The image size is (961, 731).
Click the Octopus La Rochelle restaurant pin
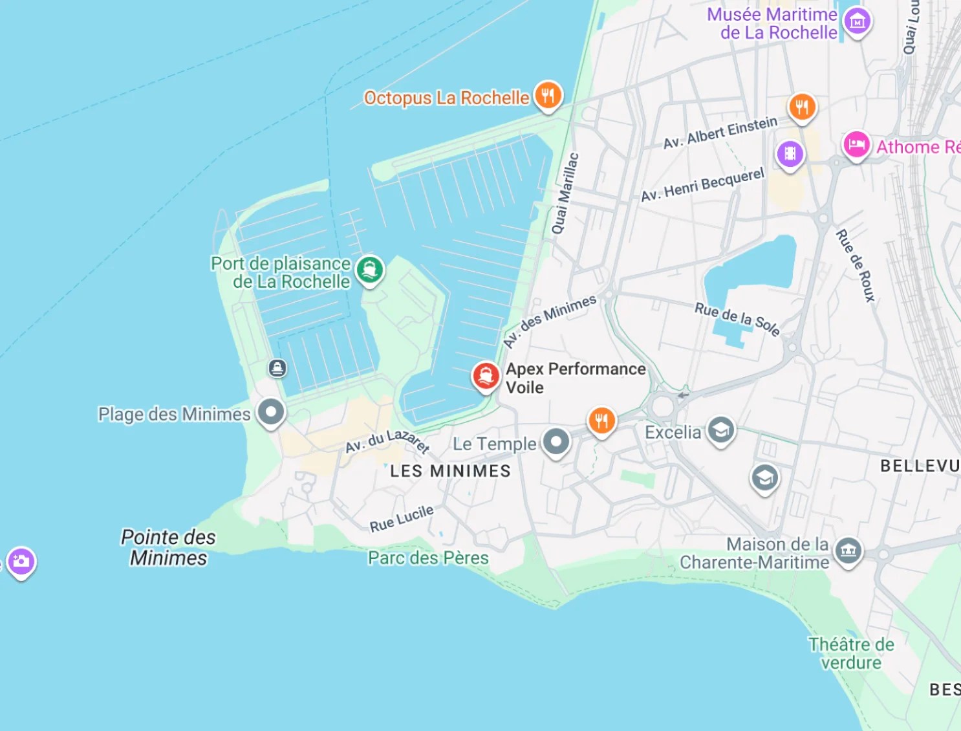click(x=548, y=96)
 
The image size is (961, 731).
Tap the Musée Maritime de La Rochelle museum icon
click(x=857, y=21)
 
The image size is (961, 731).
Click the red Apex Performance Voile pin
click(x=486, y=375)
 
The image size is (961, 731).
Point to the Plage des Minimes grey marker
click(x=271, y=411)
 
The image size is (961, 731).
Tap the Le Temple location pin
click(x=556, y=442)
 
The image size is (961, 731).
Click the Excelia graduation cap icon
click(x=720, y=430)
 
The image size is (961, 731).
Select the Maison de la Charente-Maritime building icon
click(x=848, y=551)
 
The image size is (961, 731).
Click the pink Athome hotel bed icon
click(x=856, y=144)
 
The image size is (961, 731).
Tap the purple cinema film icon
click(x=790, y=154)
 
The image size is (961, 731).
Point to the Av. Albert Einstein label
click(x=720, y=132)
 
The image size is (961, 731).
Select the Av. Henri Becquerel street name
click(x=702, y=184)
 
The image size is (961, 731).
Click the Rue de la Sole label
click(x=737, y=318)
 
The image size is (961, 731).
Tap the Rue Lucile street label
click(x=401, y=518)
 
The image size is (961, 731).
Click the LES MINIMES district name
click(x=450, y=471)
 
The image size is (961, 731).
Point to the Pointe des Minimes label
click(x=168, y=547)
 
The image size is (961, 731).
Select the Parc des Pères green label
click(x=428, y=558)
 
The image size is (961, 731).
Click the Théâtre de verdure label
click(x=850, y=653)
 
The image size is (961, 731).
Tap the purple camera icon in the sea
click(x=21, y=561)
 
